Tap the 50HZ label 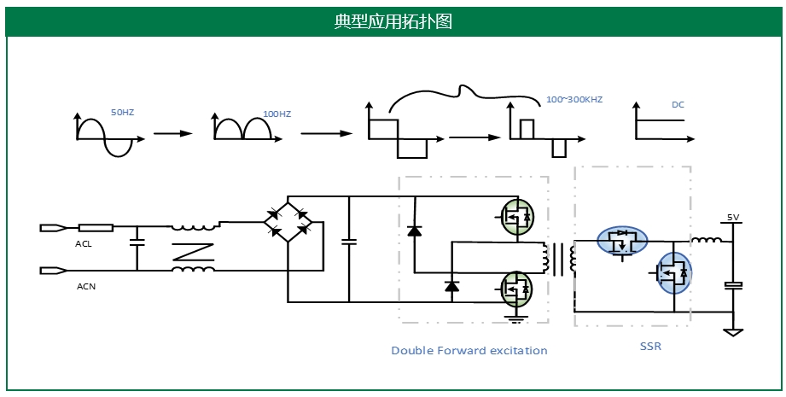(122, 113)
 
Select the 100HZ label (277, 114)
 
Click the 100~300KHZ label (573, 100)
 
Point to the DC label (678, 105)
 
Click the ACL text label (84, 244)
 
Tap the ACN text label (86, 286)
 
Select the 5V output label (732, 217)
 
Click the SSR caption (650, 347)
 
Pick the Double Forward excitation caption (469, 350)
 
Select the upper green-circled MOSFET (515, 216)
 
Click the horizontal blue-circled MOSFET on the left (621, 241)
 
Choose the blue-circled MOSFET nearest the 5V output (673, 273)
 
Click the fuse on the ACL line (96, 228)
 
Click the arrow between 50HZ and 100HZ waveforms (172, 134)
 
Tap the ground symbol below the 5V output (731, 331)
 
